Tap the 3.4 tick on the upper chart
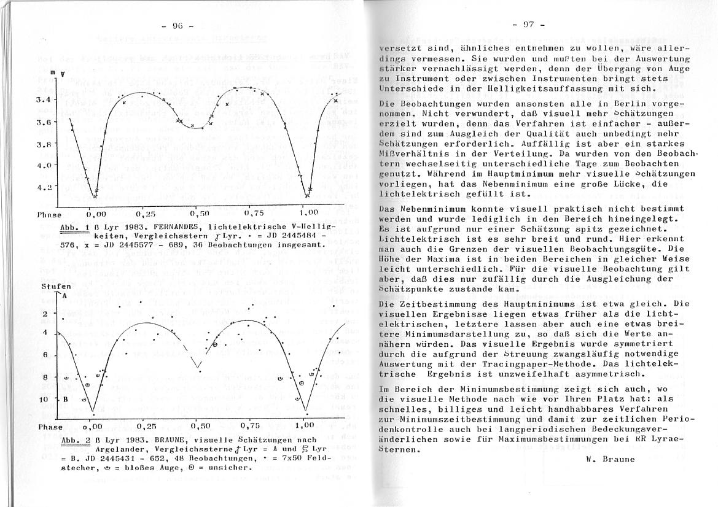[45, 99]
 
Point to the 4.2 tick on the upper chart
[45, 187]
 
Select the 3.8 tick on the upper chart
[45, 145]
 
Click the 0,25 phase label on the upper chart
[146, 214]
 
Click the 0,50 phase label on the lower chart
[200, 425]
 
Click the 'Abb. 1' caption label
[73, 227]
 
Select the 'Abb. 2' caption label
[73, 440]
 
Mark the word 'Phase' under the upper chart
[49, 215]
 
